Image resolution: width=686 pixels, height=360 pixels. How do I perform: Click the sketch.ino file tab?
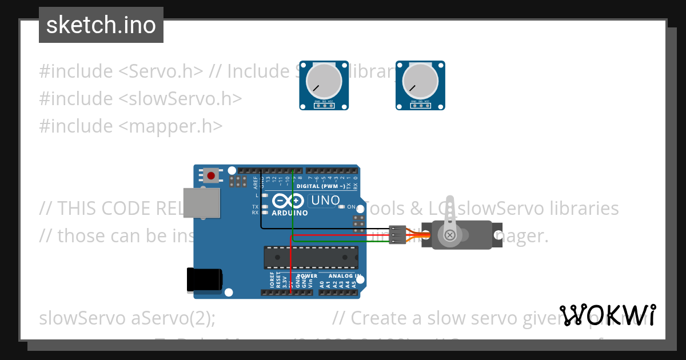pyautogui.click(x=101, y=25)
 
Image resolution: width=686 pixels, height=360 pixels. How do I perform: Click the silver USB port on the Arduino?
pyautogui.click(x=201, y=203)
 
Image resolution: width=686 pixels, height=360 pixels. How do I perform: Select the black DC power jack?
pyautogui.click(x=205, y=281)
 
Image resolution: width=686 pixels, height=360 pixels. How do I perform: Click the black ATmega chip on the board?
pyautogui.click(x=311, y=257)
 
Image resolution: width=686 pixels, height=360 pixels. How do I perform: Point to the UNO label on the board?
pyautogui.click(x=325, y=201)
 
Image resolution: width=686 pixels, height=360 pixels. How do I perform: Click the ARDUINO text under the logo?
pyautogui.click(x=289, y=213)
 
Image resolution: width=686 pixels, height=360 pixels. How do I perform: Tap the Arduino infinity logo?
pyautogui.click(x=289, y=201)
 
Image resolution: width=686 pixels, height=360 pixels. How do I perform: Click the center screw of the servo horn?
pyautogui.click(x=450, y=234)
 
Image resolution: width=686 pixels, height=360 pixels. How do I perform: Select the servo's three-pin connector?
pyautogui.click(x=397, y=234)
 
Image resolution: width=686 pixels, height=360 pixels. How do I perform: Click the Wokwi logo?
pyautogui.click(x=608, y=315)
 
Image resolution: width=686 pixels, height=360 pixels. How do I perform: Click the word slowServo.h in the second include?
pyautogui.click(x=180, y=99)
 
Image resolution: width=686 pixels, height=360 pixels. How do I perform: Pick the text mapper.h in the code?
pyautogui.click(x=170, y=126)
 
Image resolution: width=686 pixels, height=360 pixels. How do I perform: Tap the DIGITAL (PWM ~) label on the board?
pyautogui.click(x=321, y=186)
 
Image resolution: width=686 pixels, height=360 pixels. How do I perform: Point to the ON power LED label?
pyautogui.click(x=352, y=207)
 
